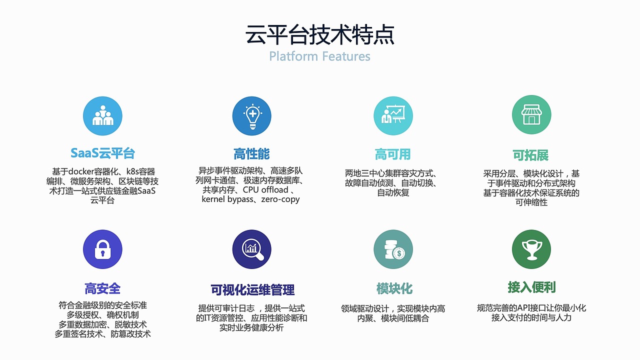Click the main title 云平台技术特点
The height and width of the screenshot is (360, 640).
pyautogui.click(x=319, y=34)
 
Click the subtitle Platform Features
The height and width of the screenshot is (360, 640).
pyautogui.click(x=319, y=56)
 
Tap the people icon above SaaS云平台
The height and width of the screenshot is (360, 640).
pyautogui.click(x=102, y=116)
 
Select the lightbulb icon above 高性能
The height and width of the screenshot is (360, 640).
pyautogui.click(x=252, y=116)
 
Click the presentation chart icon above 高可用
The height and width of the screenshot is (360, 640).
pyautogui.click(x=393, y=116)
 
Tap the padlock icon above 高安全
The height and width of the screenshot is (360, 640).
pyautogui.click(x=102, y=249)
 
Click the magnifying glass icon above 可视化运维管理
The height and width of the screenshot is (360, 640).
pyautogui.click(x=252, y=249)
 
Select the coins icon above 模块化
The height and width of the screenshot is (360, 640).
pyautogui.click(x=393, y=249)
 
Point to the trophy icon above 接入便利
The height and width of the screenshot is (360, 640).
pyautogui.click(x=531, y=249)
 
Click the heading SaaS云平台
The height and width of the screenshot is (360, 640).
pyautogui.click(x=102, y=153)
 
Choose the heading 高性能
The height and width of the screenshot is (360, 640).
pyautogui.click(x=251, y=153)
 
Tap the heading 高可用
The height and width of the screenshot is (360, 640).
pyautogui.click(x=392, y=154)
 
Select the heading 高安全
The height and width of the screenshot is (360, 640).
pyautogui.click(x=102, y=288)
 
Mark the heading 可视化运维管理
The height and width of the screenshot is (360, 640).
pyautogui.click(x=252, y=290)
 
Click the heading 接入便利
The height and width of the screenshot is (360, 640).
pyautogui.click(x=531, y=287)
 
